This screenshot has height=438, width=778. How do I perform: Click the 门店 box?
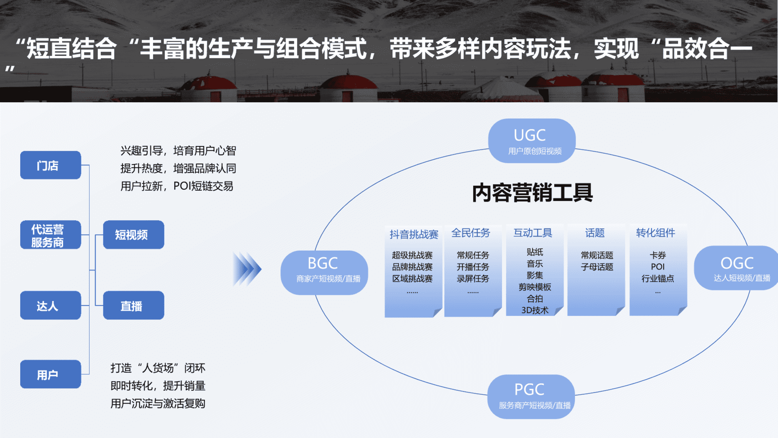coord(50,165)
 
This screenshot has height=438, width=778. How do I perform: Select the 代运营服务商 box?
coord(50,235)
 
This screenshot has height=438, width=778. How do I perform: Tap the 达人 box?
coord(50,305)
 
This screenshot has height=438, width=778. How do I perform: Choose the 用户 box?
coord(50,374)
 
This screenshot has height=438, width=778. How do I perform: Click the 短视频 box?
coord(133,235)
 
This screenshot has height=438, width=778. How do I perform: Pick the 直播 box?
coord(133,305)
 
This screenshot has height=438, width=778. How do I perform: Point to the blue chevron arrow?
coord(247,269)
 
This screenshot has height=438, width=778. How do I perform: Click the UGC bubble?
coord(532,141)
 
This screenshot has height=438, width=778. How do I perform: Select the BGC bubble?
coord(324,273)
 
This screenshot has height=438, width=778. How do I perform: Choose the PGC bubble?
coord(531,396)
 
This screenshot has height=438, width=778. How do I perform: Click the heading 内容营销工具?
coord(532,193)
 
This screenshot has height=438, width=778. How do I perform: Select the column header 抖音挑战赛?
coord(414,234)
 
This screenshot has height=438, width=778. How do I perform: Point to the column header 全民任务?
coord(471,233)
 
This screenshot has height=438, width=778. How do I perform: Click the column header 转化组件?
coord(655,233)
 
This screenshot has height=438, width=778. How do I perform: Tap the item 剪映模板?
coord(535,287)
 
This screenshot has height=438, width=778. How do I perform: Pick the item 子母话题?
coord(597,267)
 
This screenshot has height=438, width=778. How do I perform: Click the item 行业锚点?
coord(658,279)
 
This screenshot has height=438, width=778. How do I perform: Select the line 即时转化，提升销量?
coord(158,386)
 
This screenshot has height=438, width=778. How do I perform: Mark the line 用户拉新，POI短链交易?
coord(177,186)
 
